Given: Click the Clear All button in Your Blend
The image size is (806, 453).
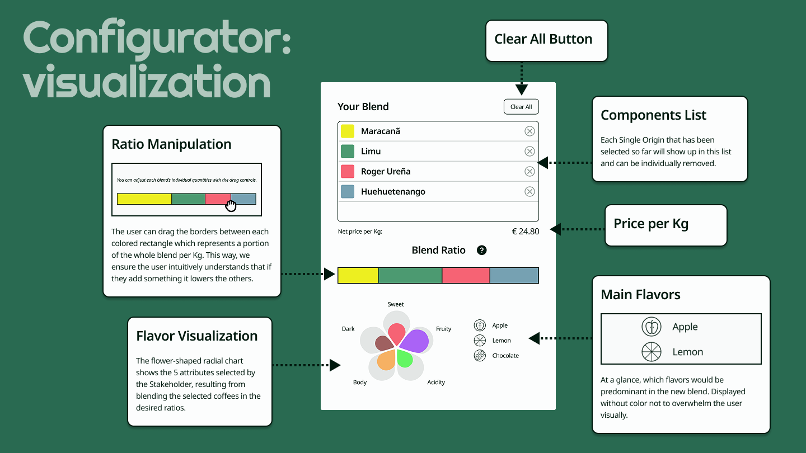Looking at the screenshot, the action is [521, 107].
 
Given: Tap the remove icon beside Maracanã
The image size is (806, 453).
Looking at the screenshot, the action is [529, 131].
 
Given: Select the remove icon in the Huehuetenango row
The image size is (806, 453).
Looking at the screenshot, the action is [529, 192].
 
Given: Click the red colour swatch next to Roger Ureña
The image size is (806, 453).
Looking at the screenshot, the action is [348, 172].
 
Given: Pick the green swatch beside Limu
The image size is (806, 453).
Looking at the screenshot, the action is [348, 152].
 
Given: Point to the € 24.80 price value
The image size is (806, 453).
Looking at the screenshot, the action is [526, 231].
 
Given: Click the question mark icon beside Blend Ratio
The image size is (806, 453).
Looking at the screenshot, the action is [481, 250].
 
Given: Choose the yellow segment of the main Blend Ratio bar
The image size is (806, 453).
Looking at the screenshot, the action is [358, 275].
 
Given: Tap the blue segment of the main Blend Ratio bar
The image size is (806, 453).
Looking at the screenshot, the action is [514, 275].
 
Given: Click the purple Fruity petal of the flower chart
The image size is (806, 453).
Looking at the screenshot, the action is [415, 341].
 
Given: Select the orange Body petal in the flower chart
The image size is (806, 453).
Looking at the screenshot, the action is [386, 360].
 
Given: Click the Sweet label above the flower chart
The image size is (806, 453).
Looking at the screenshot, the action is [395, 304].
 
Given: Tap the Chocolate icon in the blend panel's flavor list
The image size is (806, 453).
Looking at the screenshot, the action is [480, 356].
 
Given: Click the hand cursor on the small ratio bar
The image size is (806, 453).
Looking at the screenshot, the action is [231, 206].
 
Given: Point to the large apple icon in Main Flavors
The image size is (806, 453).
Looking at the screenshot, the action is [652, 327].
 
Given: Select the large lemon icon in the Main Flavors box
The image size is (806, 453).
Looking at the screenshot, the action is [652, 352].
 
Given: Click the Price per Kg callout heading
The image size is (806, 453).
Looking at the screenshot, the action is [651, 224].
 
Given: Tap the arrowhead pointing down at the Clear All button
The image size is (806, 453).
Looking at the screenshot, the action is [522, 89].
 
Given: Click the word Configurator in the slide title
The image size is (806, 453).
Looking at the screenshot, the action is [157, 39].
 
